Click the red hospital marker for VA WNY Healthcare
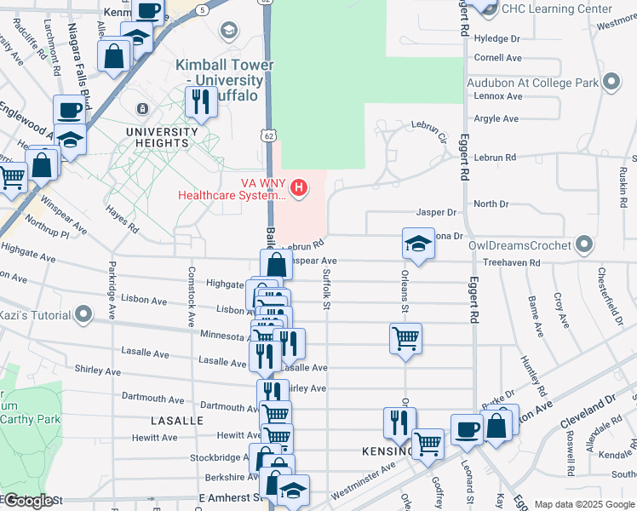tap(299, 187)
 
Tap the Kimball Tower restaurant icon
tap(201, 102)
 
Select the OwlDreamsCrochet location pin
tap(583, 245)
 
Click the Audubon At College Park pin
tap(611, 83)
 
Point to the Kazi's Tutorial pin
tap(83, 315)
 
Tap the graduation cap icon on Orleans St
tap(419, 244)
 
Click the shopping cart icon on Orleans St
tap(406, 338)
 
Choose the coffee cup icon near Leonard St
tap(466, 430)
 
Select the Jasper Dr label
tap(437, 212)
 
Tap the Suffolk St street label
tap(327, 284)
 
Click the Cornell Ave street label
tap(498, 58)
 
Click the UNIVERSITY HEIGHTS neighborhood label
tap(157, 137)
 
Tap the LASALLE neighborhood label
tap(177, 421)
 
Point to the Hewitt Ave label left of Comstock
tap(155, 437)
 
